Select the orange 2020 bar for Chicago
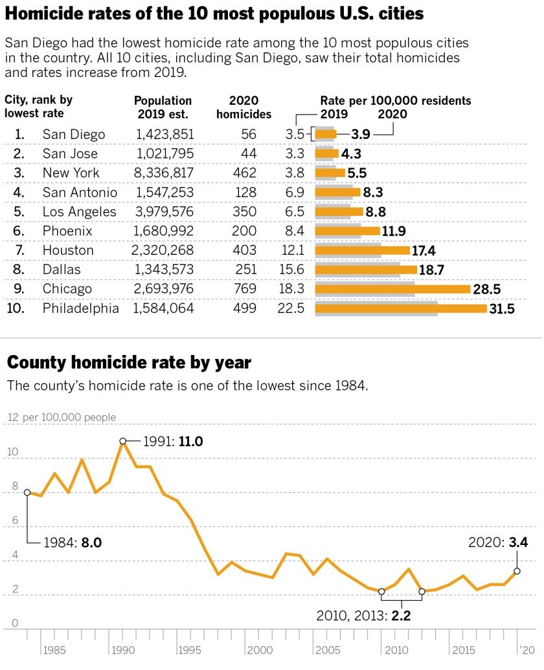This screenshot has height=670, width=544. point(392,289)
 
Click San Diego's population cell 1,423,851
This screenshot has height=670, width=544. point(164,135)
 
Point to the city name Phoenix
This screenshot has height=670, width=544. point(67,231)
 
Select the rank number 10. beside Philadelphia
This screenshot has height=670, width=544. point(16,308)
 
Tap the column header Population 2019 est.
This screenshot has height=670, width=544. point(163,107)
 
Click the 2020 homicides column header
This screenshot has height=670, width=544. point(244,107)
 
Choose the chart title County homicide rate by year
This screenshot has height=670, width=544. point(129,363)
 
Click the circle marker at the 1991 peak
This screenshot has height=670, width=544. point(122,441)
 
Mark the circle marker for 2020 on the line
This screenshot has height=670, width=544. point(517,571)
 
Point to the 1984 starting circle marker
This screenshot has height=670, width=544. point(27,492)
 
